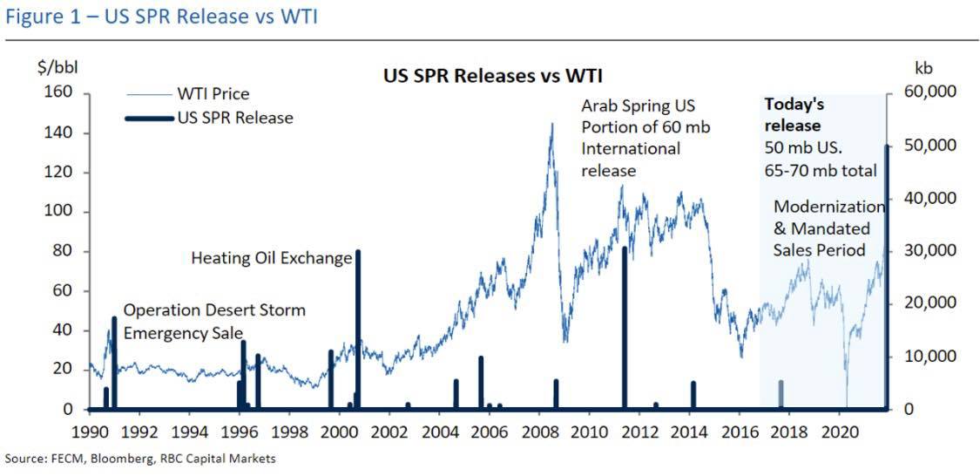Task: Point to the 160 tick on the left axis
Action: tap(66, 92)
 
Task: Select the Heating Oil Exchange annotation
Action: tap(271, 258)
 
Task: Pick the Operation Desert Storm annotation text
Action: tap(213, 321)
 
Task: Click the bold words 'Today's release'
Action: tap(794, 114)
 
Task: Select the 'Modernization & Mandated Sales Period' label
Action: tap(828, 228)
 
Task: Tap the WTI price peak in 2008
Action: tap(551, 126)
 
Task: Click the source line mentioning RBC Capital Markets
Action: tap(140, 459)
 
